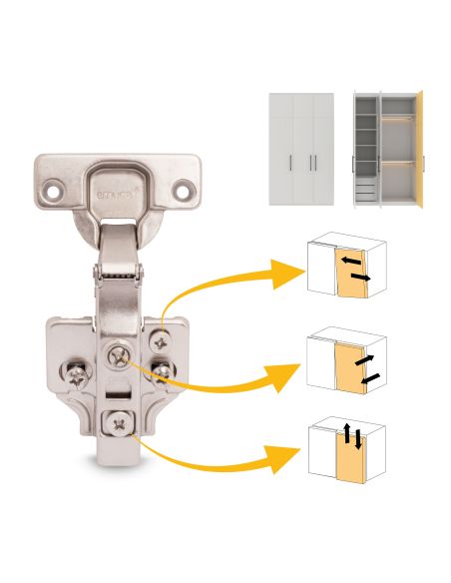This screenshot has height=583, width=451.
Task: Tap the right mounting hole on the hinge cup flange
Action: coord(184,186)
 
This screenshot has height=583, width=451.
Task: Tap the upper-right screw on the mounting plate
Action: coord(157,340)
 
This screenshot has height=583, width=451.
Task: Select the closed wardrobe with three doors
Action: coord(300,149)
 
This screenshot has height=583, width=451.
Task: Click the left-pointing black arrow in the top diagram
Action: coord(350,259)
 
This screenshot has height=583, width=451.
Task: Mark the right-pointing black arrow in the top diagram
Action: coord(362,275)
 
